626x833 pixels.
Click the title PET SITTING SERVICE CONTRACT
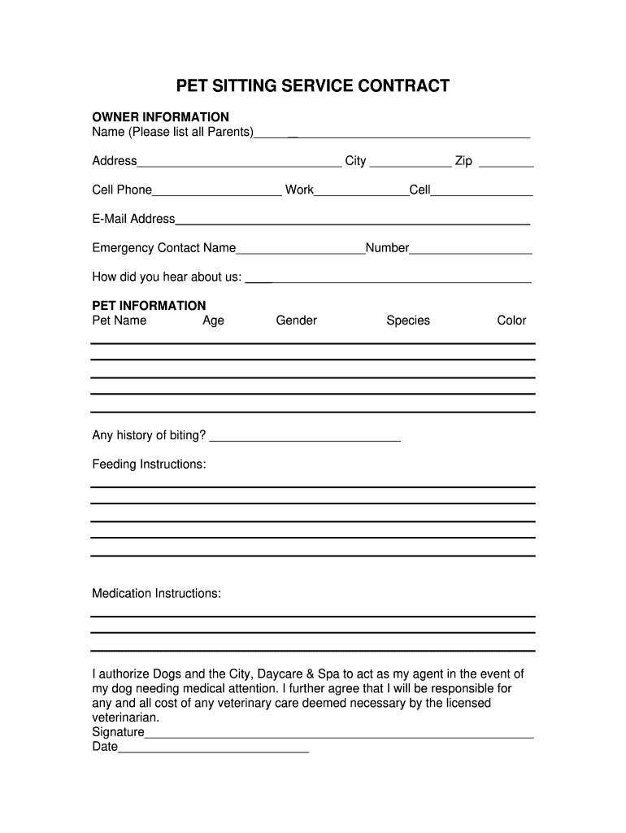pyautogui.click(x=313, y=86)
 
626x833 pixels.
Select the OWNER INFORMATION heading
pyautogui.click(x=160, y=117)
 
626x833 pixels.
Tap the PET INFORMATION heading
pyautogui.click(x=149, y=306)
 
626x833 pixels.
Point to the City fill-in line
pyautogui.click(x=410, y=164)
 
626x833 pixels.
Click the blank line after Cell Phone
pyautogui.click(x=217, y=194)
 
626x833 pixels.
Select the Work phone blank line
pyautogui.click(x=361, y=194)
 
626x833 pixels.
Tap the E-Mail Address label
pyautogui.click(x=133, y=219)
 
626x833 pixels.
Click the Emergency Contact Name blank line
pyautogui.click(x=301, y=252)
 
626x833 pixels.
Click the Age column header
pyautogui.click(x=213, y=321)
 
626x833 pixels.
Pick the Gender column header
pyautogui.click(x=296, y=321)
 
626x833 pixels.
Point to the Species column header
pyautogui.click(x=408, y=321)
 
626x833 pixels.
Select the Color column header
pyautogui.click(x=511, y=321)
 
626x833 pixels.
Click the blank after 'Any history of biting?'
pyautogui.click(x=305, y=440)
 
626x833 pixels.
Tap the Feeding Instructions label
pyautogui.click(x=149, y=464)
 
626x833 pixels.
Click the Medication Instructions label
pyautogui.click(x=156, y=594)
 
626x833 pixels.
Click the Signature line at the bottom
pyautogui.click(x=339, y=736)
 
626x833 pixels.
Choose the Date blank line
pyautogui.click(x=214, y=751)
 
